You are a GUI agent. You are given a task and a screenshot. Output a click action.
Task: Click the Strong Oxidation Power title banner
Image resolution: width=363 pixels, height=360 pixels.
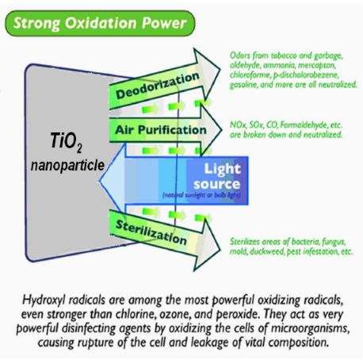click(100, 23)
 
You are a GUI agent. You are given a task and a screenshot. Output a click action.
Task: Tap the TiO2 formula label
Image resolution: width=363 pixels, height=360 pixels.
click(66, 142)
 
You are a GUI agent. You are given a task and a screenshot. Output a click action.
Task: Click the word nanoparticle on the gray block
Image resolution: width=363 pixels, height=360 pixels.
click(67, 166)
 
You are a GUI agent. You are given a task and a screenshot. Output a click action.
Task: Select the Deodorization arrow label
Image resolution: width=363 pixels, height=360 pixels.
click(158, 86)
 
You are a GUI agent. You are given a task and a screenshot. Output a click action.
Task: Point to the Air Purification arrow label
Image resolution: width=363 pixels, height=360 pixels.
click(161, 130)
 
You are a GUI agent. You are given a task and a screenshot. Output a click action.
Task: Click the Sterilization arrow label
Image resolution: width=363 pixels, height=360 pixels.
click(151, 232)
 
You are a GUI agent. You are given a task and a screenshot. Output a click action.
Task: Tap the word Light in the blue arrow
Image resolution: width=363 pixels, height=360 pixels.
click(223, 169)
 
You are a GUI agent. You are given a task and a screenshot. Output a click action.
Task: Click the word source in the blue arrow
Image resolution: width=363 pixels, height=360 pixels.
click(216, 184)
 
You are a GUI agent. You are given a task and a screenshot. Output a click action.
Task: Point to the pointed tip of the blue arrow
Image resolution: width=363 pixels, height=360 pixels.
click(100, 182)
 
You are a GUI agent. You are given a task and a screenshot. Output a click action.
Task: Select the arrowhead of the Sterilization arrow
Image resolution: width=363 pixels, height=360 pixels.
click(207, 245)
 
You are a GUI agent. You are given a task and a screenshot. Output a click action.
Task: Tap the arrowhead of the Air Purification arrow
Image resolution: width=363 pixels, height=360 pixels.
click(211, 129)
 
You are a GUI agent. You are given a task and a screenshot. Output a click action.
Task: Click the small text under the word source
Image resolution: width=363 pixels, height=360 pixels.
click(201, 195)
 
